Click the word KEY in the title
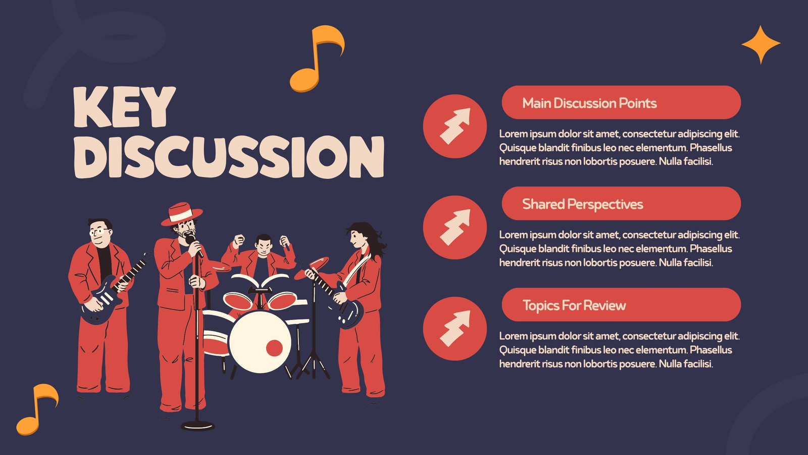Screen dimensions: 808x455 click(x=124, y=107)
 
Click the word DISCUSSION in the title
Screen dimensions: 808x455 click(x=229, y=157)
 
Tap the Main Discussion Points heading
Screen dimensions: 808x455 click(x=589, y=103)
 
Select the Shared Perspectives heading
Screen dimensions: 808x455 click(x=583, y=204)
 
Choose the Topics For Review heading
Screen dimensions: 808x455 click(x=574, y=305)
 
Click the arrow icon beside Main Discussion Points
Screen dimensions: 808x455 click(x=455, y=126)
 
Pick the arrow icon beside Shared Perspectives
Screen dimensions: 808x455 click(x=455, y=227)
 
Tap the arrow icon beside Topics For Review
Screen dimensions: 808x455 click(x=455, y=328)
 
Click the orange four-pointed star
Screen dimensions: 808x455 click(x=761, y=45)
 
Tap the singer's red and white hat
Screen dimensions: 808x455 click(x=181, y=214)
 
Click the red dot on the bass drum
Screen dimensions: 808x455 click(x=274, y=348)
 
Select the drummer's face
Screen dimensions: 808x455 click(x=263, y=246)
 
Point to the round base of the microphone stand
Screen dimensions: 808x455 click(x=197, y=426)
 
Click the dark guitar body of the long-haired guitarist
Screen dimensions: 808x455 click(x=348, y=310)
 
